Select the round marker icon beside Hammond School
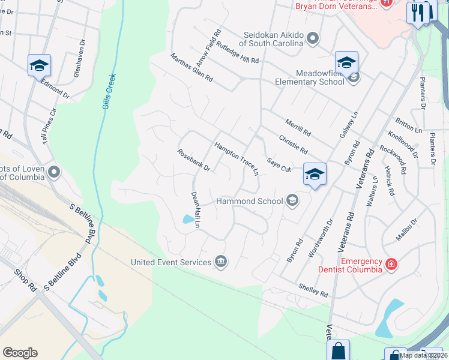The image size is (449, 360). (x=292, y=200)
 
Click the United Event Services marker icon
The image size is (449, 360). (x=221, y=262)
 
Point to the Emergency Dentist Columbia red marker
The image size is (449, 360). (x=391, y=263)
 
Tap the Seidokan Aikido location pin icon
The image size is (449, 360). (x=312, y=39)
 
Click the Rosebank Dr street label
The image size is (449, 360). (x=193, y=160)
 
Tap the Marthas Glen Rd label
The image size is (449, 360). (x=191, y=67)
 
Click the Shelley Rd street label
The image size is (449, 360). (x=315, y=290)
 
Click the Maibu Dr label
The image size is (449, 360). (x=406, y=231)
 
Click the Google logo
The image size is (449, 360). (x=20, y=353)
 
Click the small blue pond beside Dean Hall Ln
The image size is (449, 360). (x=189, y=219)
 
